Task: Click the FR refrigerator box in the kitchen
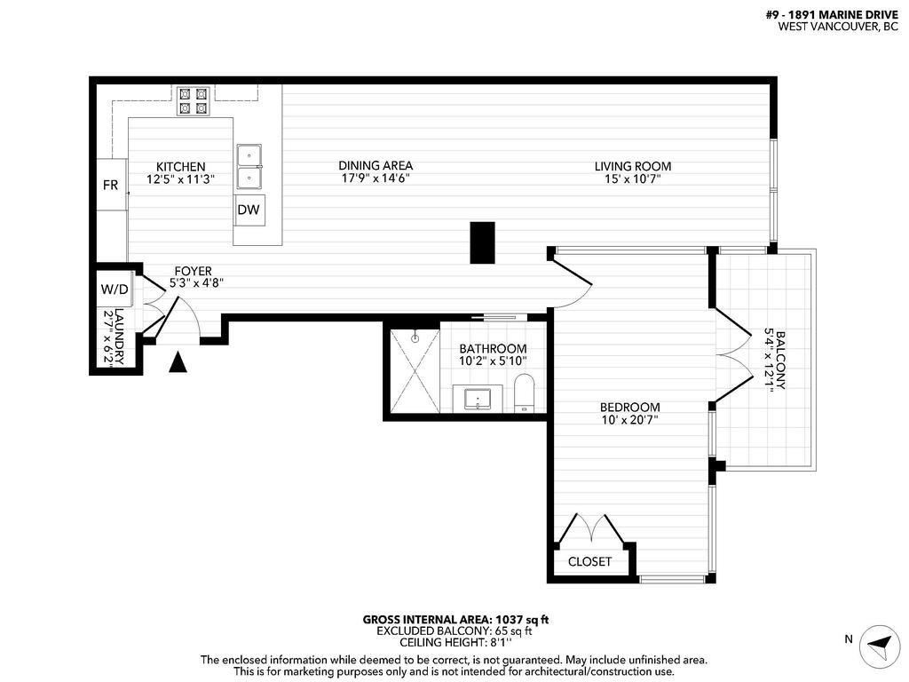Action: coord(111,185)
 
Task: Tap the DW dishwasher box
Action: coord(249,210)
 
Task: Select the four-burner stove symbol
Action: coord(193,100)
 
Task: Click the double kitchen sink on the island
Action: coord(249,166)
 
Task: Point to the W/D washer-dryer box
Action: coord(114,289)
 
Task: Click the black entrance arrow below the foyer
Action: coord(178,361)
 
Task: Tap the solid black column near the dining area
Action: coord(482,242)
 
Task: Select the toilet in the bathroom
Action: coord(524,393)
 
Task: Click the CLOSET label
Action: coord(589,561)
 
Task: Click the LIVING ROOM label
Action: coord(632,166)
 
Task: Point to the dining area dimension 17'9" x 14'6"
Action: coord(375,178)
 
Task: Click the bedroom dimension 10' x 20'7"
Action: coord(629,420)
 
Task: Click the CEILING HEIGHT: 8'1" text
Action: coord(454,643)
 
